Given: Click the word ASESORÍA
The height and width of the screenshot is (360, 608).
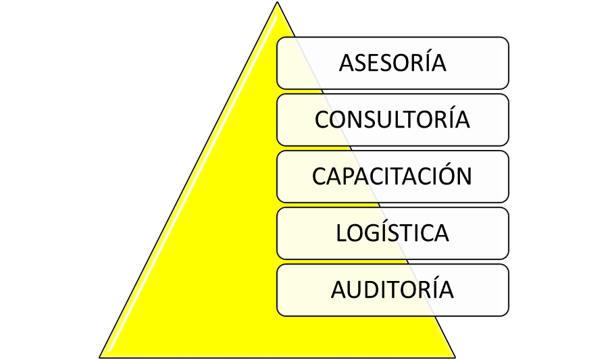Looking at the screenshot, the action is (392, 62).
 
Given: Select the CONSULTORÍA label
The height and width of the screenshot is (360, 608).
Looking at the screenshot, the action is (392, 119).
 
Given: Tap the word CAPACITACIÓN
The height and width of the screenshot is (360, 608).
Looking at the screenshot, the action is (392, 176).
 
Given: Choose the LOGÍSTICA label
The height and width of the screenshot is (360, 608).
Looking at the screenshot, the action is (392, 232).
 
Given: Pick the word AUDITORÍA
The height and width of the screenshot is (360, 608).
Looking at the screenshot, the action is (392, 289).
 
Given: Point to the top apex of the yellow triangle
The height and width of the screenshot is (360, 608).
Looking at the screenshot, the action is (277, 2).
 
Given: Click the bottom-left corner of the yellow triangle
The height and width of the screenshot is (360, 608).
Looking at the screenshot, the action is (99, 358).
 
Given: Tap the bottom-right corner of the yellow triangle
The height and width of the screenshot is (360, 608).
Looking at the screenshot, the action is (455, 358).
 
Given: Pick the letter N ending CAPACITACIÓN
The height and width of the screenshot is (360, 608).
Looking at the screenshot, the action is (463, 176).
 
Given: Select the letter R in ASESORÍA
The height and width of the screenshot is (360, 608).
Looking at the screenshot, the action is (424, 63).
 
